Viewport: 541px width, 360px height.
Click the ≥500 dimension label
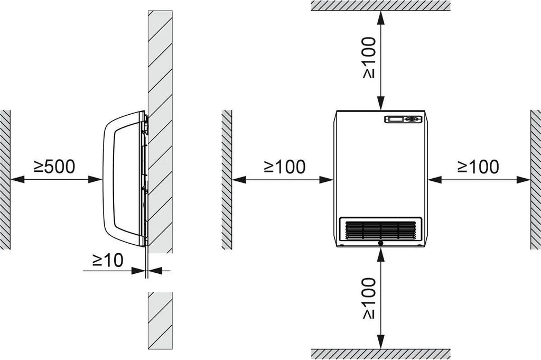54,167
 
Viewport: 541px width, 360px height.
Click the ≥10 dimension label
108,260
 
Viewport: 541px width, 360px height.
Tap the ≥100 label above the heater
369,57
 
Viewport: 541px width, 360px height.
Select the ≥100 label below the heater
369,298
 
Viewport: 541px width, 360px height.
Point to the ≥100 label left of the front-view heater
285,167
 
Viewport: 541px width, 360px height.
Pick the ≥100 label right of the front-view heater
478,167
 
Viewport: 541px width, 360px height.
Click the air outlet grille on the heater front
380,229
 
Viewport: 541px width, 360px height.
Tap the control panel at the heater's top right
403,119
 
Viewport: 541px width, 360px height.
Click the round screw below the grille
380,243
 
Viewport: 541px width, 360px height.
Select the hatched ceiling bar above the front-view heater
380,5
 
